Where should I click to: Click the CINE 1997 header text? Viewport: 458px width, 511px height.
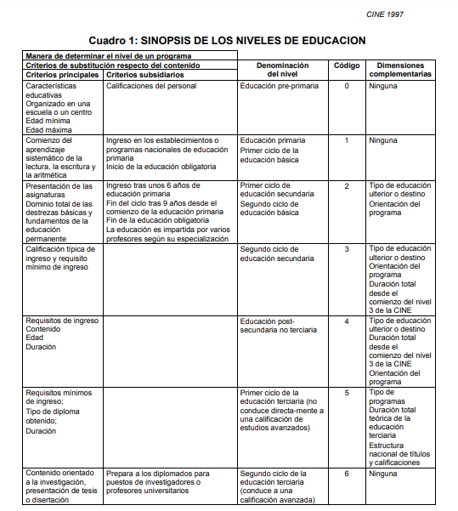(409, 14)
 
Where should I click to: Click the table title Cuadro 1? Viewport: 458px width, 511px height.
(227, 40)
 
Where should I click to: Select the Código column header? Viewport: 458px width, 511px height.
(346, 65)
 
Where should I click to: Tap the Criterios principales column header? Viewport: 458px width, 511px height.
(61, 75)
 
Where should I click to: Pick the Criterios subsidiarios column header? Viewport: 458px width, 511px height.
(146, 75)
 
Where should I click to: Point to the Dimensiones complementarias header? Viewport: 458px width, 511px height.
(400, 70)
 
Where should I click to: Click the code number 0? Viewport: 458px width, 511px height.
(346, 86)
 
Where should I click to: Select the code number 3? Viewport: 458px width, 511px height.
(346, 249)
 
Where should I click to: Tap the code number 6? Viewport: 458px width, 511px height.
(346, 474)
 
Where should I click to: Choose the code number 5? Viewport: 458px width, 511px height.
(346, 394)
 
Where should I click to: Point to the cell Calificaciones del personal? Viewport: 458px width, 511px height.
(151, 86)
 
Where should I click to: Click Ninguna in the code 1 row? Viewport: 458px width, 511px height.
(384, 140)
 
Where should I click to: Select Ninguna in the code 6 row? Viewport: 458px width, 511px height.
(384, 474)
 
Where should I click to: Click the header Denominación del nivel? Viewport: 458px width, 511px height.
(282, 70)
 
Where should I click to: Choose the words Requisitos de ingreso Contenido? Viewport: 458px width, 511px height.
(62, 326)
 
